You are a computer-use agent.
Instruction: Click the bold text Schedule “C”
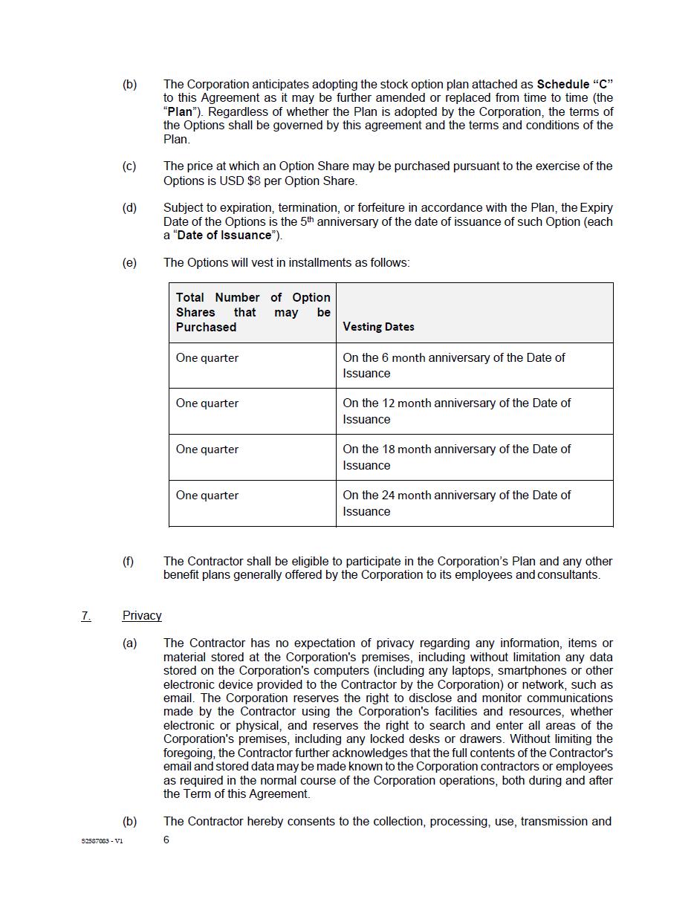(x=574, y=84)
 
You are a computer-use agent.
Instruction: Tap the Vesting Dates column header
(x=378, y=326)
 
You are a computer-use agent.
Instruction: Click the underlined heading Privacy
(x=142, y=615)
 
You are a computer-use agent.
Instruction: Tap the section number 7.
(x=86, y=615)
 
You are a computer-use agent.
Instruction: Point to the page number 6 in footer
(x=166, y=840)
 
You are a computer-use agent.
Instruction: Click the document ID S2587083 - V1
(x=103, y=841)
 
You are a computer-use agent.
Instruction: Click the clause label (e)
(x=129, y=262)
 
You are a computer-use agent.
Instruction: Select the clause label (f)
(x=129, y=561)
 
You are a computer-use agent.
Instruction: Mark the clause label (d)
(x=129, y=208)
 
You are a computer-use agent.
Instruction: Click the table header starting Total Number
(x=253, y=312)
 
